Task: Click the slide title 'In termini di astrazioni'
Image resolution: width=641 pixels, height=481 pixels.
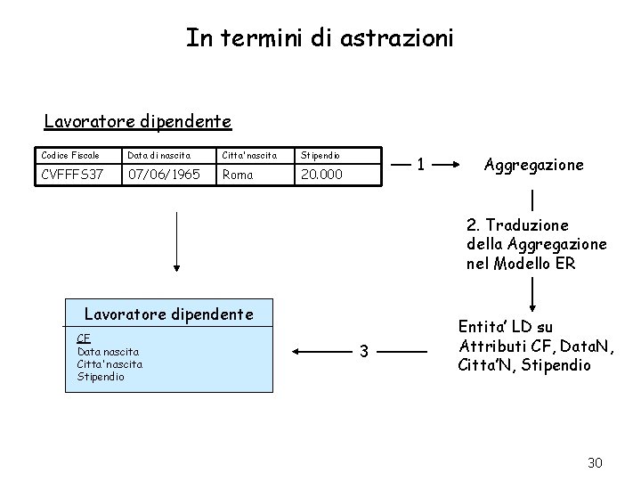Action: [320, 37]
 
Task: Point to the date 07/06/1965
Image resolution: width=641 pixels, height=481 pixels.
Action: [164, 175]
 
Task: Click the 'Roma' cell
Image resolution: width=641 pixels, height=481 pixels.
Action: [239, 175]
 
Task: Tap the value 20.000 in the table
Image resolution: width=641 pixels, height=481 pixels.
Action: [321, 175]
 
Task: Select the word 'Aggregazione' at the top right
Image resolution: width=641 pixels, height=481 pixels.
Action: [533, 165]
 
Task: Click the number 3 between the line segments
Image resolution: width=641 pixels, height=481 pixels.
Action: [362, 351]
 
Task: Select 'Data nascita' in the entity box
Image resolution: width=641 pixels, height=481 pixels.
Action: [108, 351]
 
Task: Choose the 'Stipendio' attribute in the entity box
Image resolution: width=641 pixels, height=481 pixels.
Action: [101, 376]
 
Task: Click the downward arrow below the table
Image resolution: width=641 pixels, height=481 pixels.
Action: [176, 240]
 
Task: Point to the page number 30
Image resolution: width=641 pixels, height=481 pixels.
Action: [596, 462]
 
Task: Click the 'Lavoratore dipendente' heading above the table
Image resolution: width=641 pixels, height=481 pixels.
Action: [138, 120]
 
